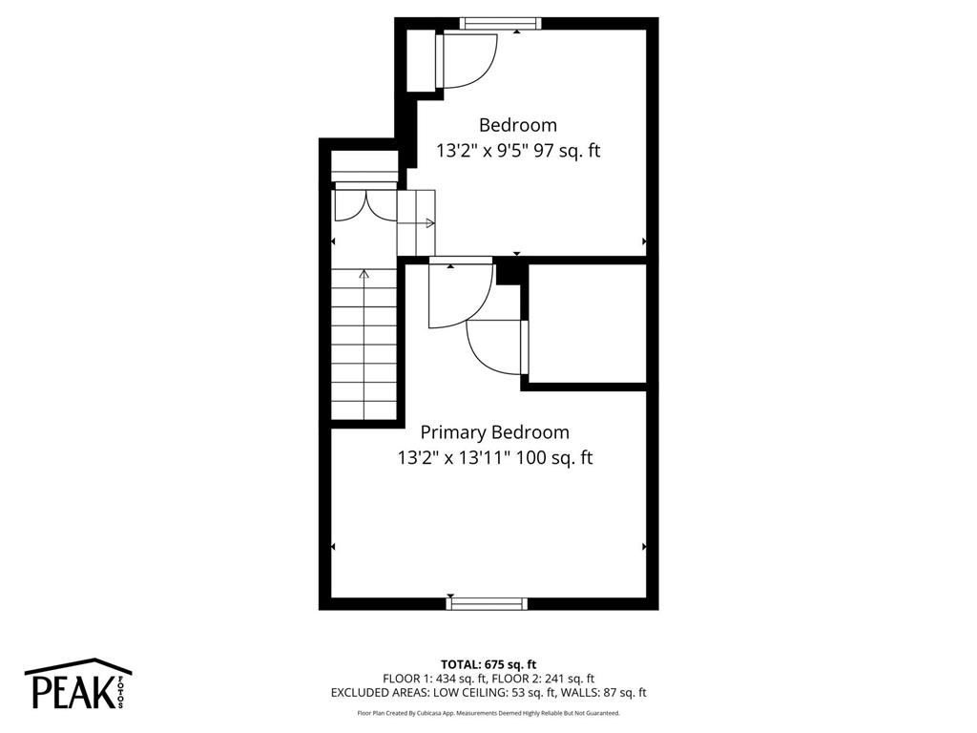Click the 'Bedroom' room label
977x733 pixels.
pyautogui.click(x=517, y=124)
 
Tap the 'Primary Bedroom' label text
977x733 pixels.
pyautogui.click(x=494, y=432)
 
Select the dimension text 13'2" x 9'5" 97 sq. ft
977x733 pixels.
pyautogui.click(x=517, y=151)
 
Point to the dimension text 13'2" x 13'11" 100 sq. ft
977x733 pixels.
pyautogui.click(x=494, y=458)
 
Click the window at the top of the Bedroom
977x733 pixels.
pyautogui.click(x=500, y=24)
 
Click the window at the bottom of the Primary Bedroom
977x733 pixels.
pyautogui.click(x=488, y=603)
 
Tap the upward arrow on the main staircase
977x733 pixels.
pyautogui.click(x=364, y=275)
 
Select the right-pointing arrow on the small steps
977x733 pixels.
pyautogui.click(x=429, y=223)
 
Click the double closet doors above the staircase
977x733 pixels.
pyautogui.click(x=364, y=202)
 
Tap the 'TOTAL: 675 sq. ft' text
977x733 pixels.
pyautogui.click(x=488, y=664)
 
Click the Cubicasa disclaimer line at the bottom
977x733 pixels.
pyautogui.click(x=488, y=713)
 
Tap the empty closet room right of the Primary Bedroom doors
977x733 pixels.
pyautogui.click(x=587, y=325)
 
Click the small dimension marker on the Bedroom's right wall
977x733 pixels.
pyautogui.click(x=645, y=241)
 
